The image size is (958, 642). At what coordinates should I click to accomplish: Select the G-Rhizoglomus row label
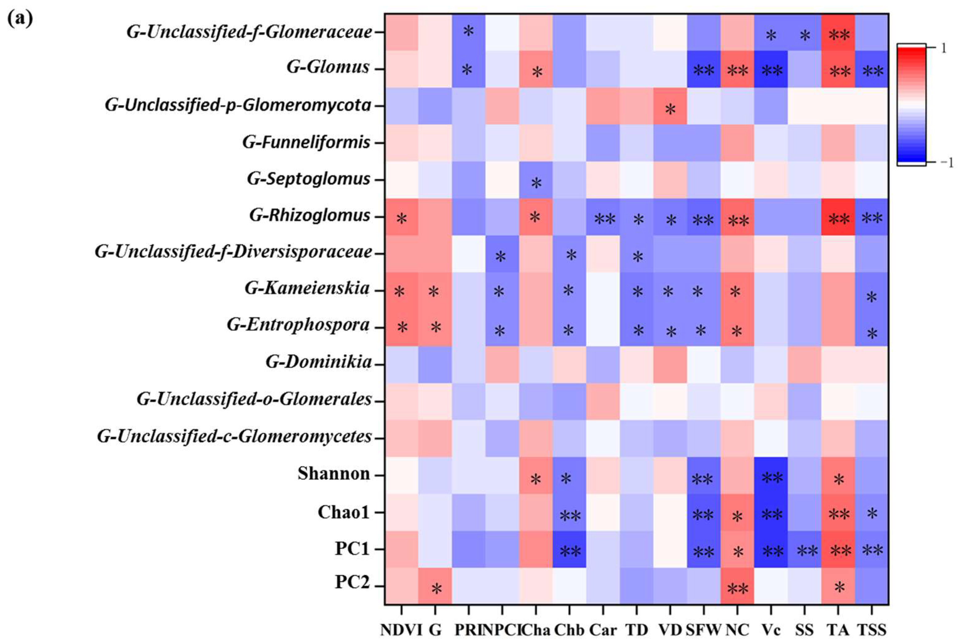click(x=310, y=215)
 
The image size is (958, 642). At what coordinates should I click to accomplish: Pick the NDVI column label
click(x=401, y=630)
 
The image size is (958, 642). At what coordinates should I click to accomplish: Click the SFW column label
click(x=703, y=630)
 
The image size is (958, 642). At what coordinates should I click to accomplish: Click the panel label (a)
click(x=20, y=19)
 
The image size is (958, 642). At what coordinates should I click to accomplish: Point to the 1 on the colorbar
click(x=944, y=48)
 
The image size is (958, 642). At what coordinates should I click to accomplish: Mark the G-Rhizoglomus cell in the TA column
click(x=838, y=217)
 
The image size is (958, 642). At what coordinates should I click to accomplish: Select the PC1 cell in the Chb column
click(x=569, y=549)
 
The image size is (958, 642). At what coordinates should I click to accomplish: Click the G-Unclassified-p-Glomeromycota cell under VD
click(x=670, y=106)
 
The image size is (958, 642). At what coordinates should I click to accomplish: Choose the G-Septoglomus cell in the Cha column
click(x=536, y=180)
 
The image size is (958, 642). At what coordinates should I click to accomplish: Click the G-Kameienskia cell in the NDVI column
click(x=401, y=291)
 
